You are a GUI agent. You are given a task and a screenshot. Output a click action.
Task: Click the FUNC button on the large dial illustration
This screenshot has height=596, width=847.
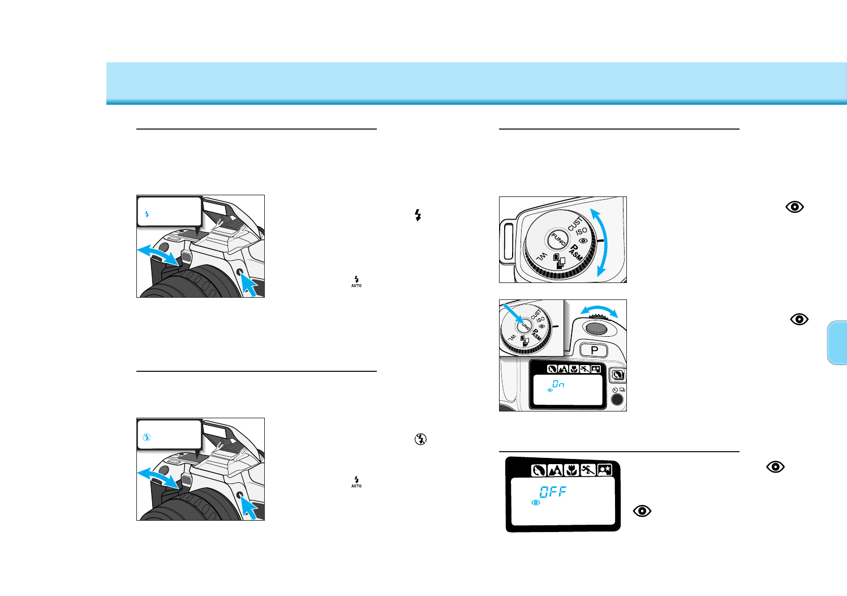558,240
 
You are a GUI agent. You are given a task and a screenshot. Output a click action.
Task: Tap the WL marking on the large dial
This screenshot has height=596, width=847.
541,256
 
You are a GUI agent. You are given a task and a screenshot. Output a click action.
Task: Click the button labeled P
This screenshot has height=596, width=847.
594,350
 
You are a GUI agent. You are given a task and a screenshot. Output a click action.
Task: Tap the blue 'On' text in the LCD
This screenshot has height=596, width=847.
558,384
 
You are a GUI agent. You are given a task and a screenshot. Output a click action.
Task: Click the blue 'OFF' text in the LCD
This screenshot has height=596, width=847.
553,491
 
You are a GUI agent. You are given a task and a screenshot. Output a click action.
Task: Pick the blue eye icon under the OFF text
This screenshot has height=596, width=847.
536,503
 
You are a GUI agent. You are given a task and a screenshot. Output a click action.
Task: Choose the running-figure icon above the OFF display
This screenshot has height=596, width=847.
588,469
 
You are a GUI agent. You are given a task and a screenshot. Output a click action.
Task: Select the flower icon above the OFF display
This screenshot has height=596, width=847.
571,469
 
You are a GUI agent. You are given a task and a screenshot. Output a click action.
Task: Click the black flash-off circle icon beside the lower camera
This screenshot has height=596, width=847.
420,439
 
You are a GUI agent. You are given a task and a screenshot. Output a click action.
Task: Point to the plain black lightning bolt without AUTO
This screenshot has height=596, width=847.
418,215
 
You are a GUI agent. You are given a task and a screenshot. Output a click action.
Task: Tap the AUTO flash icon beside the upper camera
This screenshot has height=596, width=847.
356,281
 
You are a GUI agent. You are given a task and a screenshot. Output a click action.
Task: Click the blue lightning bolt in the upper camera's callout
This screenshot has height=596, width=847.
147,214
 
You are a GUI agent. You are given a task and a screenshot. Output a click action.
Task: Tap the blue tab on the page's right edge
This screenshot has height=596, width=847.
837,342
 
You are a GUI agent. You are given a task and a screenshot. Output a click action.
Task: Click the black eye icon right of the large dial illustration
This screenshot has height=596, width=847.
794,207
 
